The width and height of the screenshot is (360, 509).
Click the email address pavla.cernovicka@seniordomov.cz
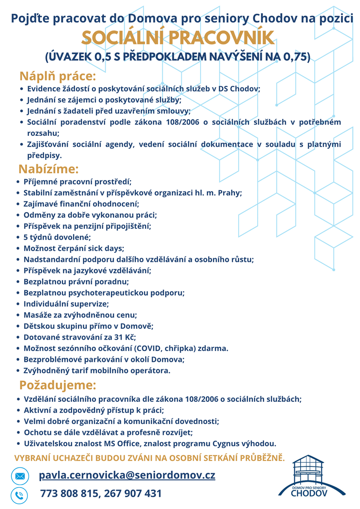pos(127,475)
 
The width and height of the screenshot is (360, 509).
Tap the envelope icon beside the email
pos(20,476)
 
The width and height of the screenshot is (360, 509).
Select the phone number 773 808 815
pos(68,494)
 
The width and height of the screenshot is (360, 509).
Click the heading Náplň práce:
pos(58,76)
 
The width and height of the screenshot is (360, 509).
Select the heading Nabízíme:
pos(49,169)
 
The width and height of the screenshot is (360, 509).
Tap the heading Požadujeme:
pos(58,385)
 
